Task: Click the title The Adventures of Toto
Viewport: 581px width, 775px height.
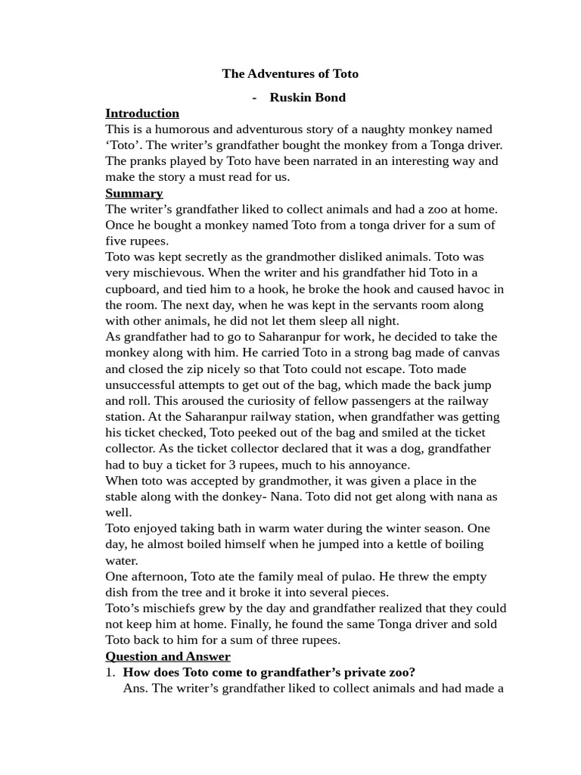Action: [x=290, y=73]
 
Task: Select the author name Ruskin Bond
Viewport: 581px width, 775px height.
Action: [x=307, y=97]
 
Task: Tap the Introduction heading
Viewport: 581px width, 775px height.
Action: [x=142, y=114]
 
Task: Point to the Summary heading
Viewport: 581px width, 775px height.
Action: [x=134, y=193]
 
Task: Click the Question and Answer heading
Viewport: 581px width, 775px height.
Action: [x=168, y=656]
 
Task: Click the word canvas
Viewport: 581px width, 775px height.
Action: [x=479, y=353]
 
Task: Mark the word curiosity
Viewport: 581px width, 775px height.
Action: [x=245, y=400]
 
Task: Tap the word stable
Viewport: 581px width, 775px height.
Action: [x=123, y=496]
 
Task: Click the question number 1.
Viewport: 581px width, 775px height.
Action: [x=110, y=672]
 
